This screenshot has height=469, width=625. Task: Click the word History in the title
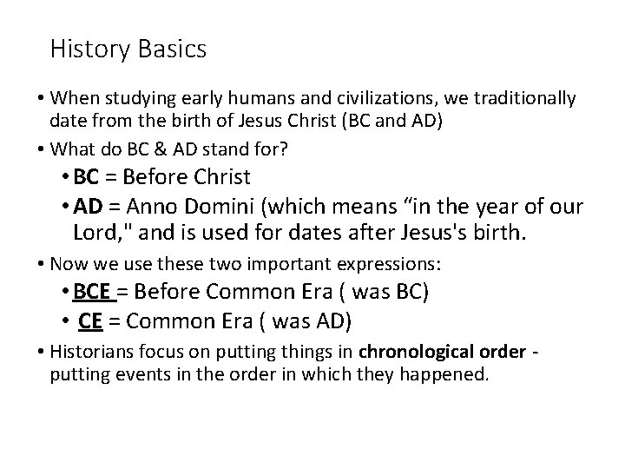tap(85, 49)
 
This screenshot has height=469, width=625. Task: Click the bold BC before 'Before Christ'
tap(87, 177)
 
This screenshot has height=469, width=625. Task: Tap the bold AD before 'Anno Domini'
tap(89, 206)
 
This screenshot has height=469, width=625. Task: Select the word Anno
tap(151, 206)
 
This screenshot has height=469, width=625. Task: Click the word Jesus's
tap(444, 233)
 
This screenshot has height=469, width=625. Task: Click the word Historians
tap(93, 352)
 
